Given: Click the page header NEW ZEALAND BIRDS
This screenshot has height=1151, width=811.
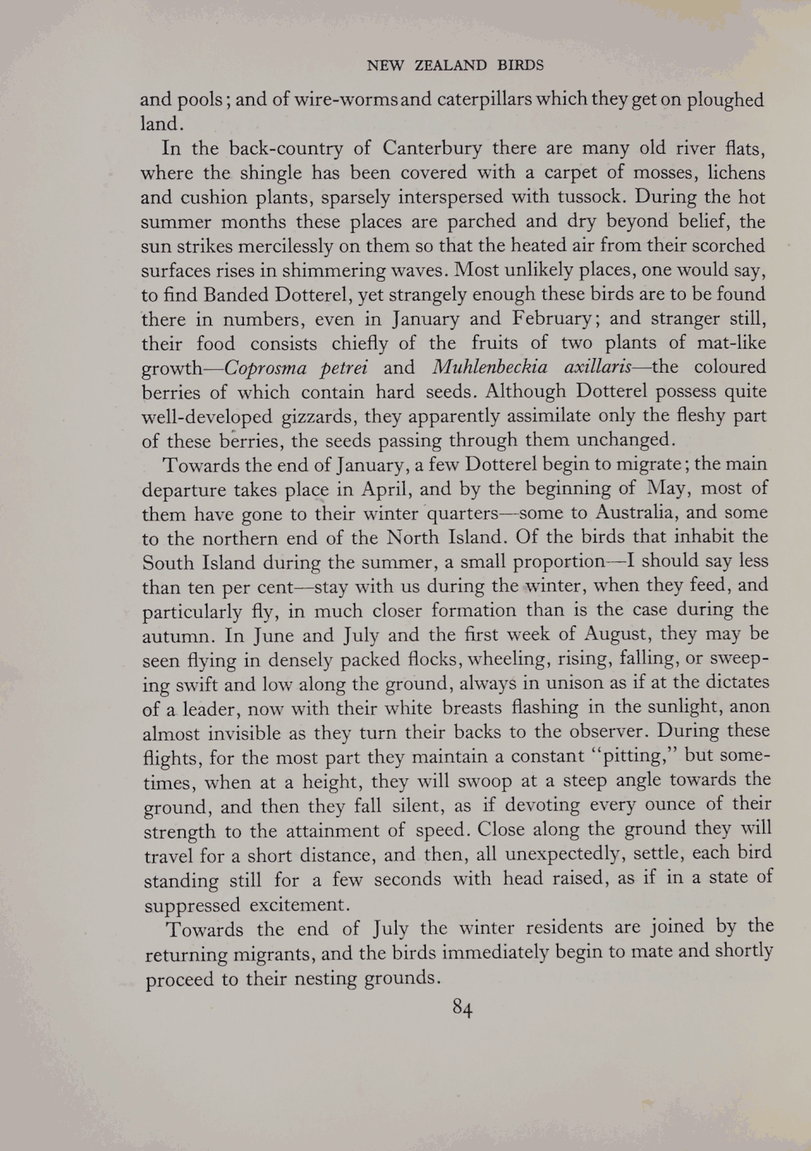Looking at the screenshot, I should pos(455,66).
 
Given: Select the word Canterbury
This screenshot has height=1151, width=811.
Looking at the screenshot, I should pos(432,149).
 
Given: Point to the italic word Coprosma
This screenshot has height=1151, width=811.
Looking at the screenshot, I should pos(269,368).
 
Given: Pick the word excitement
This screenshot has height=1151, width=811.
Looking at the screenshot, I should pos(299,905).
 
